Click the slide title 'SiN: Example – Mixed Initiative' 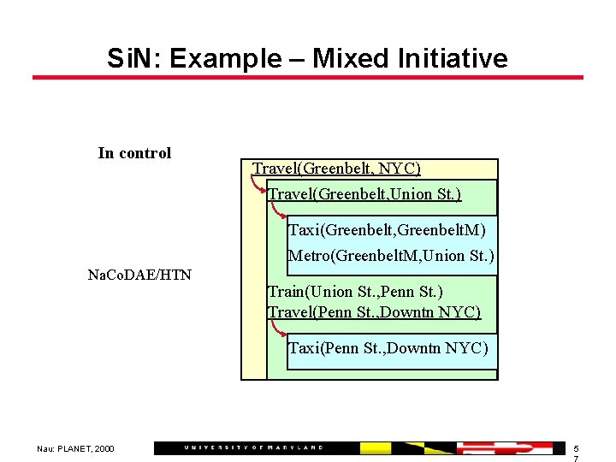pos(307,58)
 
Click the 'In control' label pos(134,153)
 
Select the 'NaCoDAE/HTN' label pos(140,275)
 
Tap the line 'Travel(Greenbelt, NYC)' pos(336,169)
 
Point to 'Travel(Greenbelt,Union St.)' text pos(365,194)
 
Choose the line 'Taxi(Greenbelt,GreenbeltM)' pos(387,229)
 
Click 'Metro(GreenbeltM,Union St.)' pos(391,255)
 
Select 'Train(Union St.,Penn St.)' pos(355,292)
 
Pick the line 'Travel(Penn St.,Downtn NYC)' pos(375,311)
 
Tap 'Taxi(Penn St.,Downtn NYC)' pos(388,347)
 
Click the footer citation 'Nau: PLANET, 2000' pos(75,448)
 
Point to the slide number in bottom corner pos(576,453)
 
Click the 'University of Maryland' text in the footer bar pos(253,447)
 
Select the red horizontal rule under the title pos(307,78)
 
